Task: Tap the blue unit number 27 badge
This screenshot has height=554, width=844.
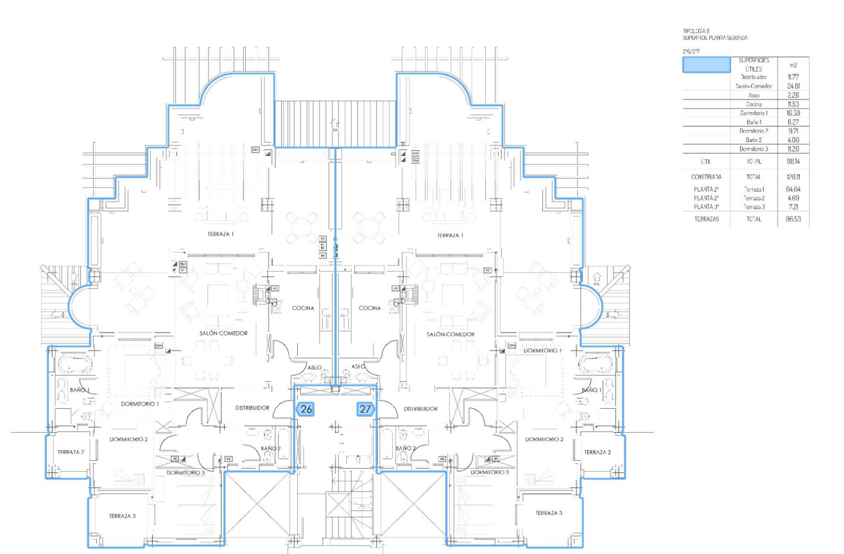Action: (365, 408)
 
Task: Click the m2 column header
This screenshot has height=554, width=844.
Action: (793, 65)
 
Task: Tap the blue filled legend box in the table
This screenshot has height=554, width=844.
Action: (706, 65)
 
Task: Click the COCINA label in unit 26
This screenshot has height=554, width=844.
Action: (303, 308)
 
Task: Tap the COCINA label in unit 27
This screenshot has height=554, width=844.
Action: (370, 308)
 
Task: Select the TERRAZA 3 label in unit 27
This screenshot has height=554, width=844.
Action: (548, 513)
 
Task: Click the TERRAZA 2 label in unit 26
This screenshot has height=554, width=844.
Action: (70, 452)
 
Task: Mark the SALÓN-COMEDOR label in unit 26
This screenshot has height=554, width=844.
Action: (223, 333)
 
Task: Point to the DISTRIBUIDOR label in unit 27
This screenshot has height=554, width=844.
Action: (420, 408)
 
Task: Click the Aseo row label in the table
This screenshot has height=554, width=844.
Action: (754, 95)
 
